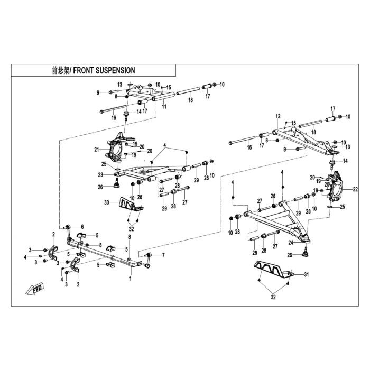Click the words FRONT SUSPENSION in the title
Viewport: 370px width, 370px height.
pyautogui.click(x=104, y=70)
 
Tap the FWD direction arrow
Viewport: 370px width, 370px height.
pyautogui.click(x=35, y=289)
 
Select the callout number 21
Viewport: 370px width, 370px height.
pyautogui.click(x=97, y=150)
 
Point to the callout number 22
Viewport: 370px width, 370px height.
pyautogui.click(x=355, y=189)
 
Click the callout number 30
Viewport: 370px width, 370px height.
pyautogui.click(x=107, y=202)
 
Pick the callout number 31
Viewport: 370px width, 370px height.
pyautogui.click(x=306, y=274)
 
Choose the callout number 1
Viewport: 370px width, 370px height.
pyautogui.click(x=131, y=279)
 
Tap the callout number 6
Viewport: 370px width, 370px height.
pyautogui.click(x=82, y=227)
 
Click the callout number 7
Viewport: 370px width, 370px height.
pyautogui.click(x=163, y=255)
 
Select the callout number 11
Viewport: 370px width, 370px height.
pyautogui.click(x=164, y=107)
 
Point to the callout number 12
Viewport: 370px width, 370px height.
pyautogui.click(x=278, y=116)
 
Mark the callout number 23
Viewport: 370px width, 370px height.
pyautogui.click(x=100, y=175)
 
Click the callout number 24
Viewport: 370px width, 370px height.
pyautogui.click(x=291, y=243)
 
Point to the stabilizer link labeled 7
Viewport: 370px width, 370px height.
pyautogui.click(x=147, y=260)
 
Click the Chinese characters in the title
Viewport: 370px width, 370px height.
pyautogui.click(x=61, y=70)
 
